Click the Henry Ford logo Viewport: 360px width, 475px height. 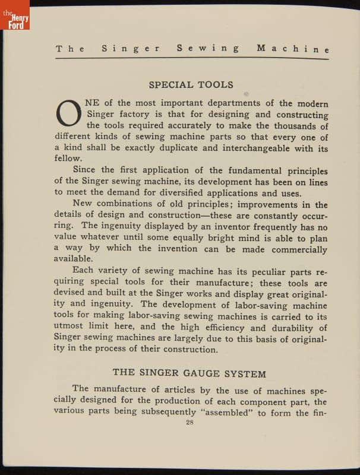pos(15,16)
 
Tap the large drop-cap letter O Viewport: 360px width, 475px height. pos(68,113)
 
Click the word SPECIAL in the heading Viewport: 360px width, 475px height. pos(170,85)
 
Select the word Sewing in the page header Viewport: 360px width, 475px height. pos(208,49)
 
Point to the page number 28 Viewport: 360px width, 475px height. pos(190,423)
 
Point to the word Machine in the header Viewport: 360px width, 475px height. pos(292,49)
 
